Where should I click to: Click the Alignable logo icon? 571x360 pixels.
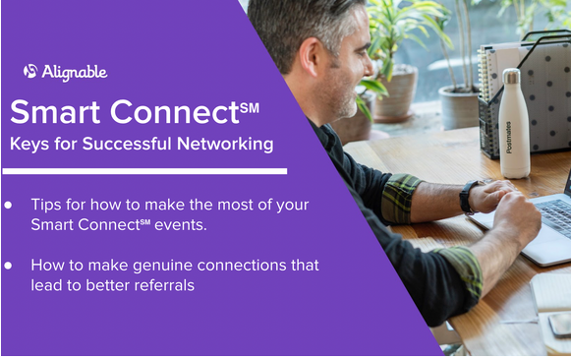(30, 71)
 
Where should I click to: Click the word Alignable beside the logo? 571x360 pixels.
(74, 72)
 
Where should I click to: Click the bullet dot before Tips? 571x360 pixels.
(9, 205)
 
